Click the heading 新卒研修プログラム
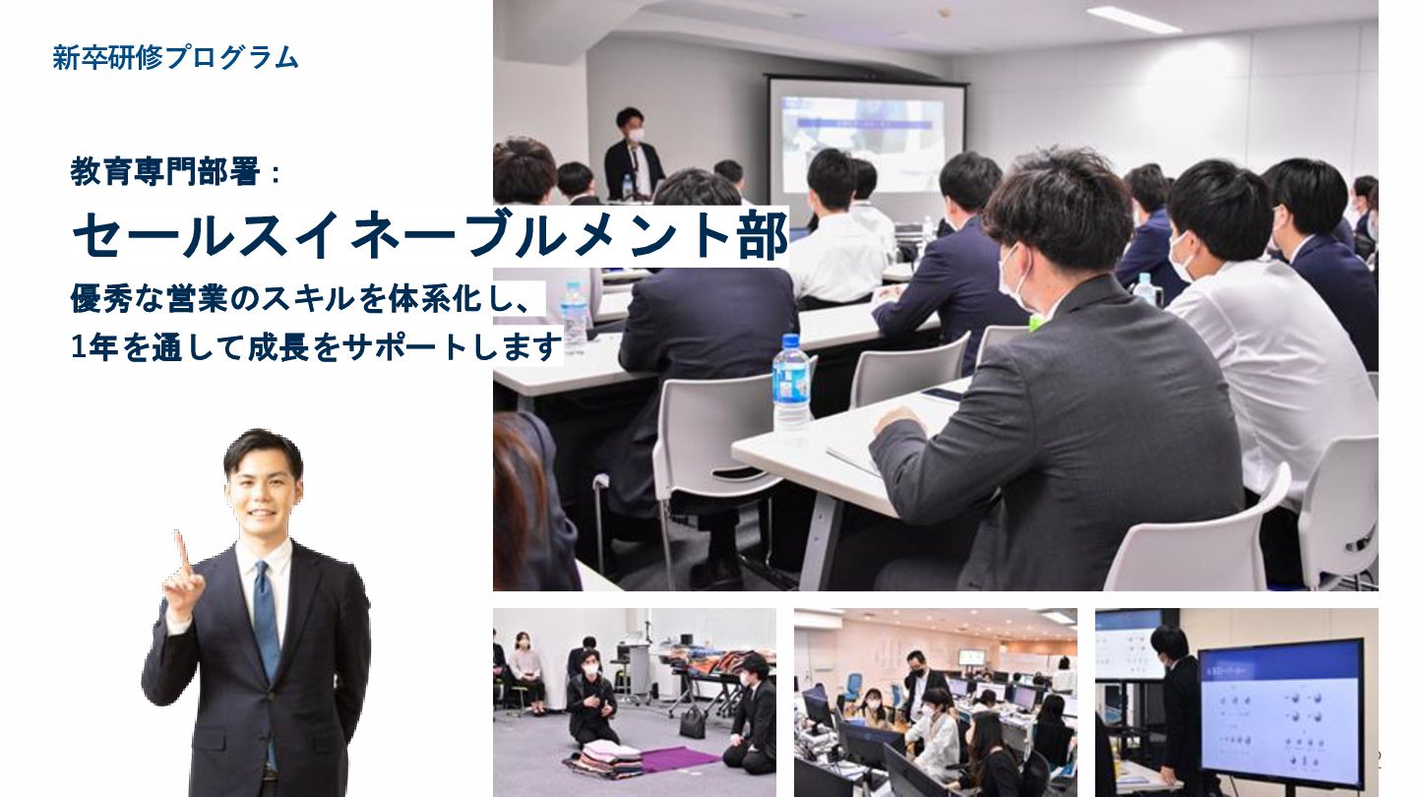(x=175, y=57)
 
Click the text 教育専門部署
(x=164, y=171)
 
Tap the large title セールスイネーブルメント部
(x=429, y=234)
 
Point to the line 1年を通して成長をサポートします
(x=316, y=347)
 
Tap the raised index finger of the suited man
(x=182, y=550)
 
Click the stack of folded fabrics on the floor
(x=604, y=759)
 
